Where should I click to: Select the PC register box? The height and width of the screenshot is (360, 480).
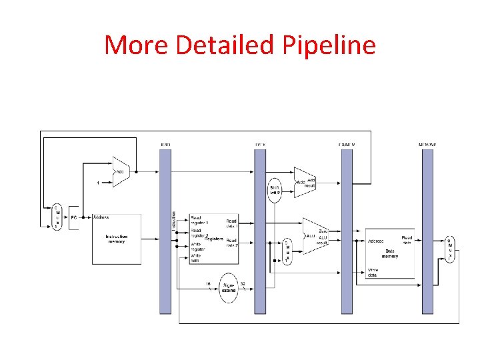coord(73,217)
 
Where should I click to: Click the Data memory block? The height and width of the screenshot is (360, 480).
coord(390,253)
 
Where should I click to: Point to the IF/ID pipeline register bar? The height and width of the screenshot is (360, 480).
coord(165,230)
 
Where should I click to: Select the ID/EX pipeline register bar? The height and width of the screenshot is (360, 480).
coord(260,230)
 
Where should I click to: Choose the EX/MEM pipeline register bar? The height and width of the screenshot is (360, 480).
coord(347,230)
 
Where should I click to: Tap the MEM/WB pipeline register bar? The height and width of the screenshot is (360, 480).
coord(427,230)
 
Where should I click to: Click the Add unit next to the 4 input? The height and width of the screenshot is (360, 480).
coord(121,172)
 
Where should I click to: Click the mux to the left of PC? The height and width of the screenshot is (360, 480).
coord(57,217)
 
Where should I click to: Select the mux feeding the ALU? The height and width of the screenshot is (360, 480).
coord(287,251)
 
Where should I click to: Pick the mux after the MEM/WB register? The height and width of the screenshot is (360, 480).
coord(449,249)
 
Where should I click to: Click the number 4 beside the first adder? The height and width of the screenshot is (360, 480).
coord(99,182)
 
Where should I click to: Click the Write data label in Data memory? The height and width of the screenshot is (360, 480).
coord(374,272)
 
